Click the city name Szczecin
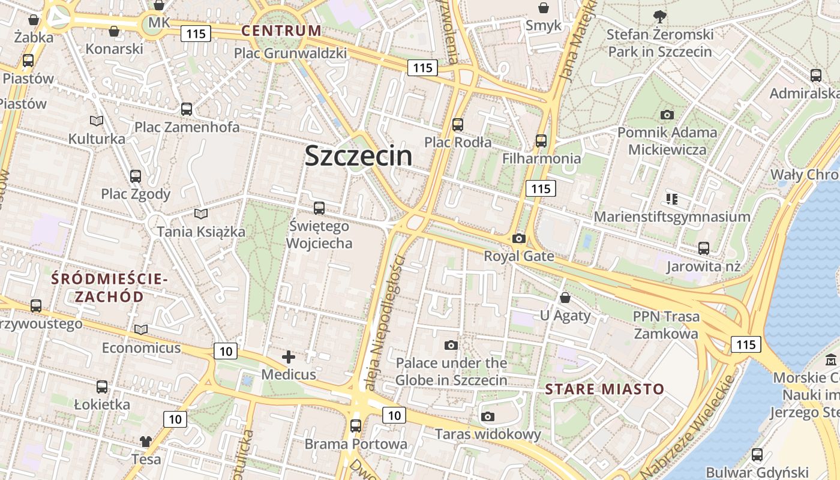pyautogui.click(x=358, y=156)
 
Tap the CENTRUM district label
pyautogui.click(x=281, y=31)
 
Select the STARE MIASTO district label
pyautogui.click(x=605, y=389)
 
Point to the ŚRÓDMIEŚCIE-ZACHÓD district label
pyautogui.click(x=109, y=287)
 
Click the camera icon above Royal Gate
pyautogui.click(x=519, y=238)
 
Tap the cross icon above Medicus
pyautogui.click(x=289, y=357)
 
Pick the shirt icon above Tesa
pyautogui.click(x=146, y=442)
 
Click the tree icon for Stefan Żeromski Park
pyautogui.click(x=660, y=16)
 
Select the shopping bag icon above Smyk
pyautogui.click(x=544, y=8)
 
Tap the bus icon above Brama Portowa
pyautogui.click(x=356, y=425)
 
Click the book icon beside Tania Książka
pyautogui.click(x=201, y=214)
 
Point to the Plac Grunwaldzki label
pyautogui.click(x=290, y=53)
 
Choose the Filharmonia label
pyautogui.click(x=542, y=158)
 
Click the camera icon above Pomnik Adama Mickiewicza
pyautogui.click(x=667, y=115)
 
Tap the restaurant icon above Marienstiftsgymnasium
pyautogui.click(x=671, y=199)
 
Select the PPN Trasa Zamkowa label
pyautogui.click(x=666, y=325)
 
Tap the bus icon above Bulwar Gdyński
pyautogui.click(x=757, y=454)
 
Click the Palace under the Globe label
pyautogui.click(x=451, y=371)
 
